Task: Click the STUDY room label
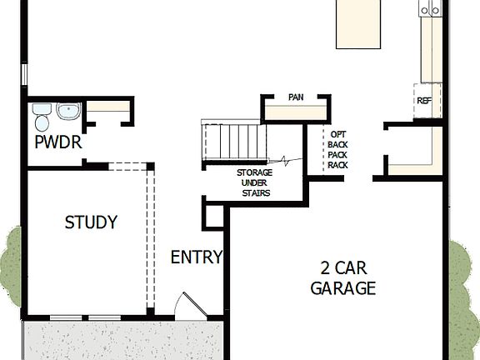coord(91,222)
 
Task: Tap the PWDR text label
coord(57,142)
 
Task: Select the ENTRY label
coord(197,257)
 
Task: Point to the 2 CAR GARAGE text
coord(342,278)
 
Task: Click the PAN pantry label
coord(295,97)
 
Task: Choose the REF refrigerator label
coord(424,102)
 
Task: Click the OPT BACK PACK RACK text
coord(337,149)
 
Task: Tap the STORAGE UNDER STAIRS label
coord(249,183)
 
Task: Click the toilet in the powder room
coord(42,112)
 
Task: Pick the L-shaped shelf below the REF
coord(417,154)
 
